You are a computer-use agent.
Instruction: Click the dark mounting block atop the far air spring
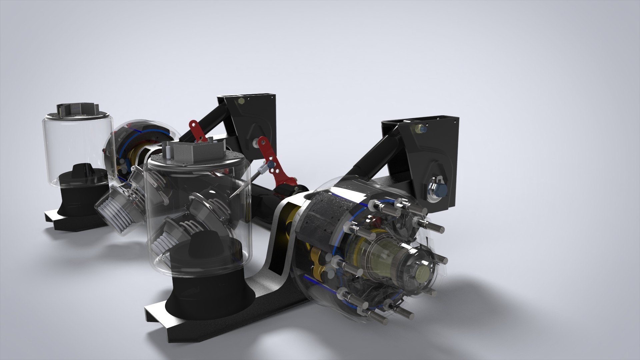[x=78, y=110]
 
